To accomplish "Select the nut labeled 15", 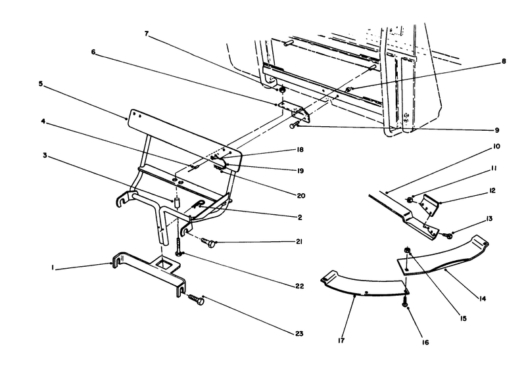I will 408,250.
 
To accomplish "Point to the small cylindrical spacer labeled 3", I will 177,200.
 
